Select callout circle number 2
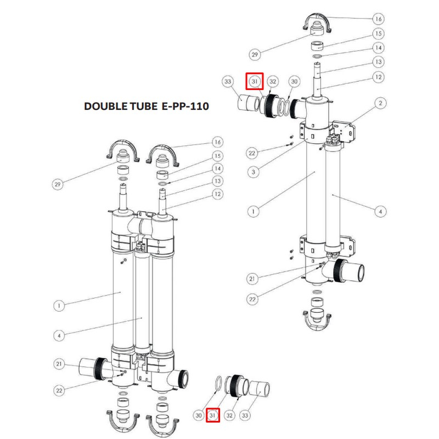(x=381, y=103)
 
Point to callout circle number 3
(x=254, y=172)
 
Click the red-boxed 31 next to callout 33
(x=255, y=82)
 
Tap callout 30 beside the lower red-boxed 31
(x=199, y=415)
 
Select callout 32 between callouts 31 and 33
(x=230, y=415)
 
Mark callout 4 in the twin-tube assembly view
(x=58, y=334)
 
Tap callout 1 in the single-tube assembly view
(x=254, y=209)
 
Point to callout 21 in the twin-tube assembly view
(x=59, y=363)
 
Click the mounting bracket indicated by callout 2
(x=345, y=128)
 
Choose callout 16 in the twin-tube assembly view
(x=217, y=142)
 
